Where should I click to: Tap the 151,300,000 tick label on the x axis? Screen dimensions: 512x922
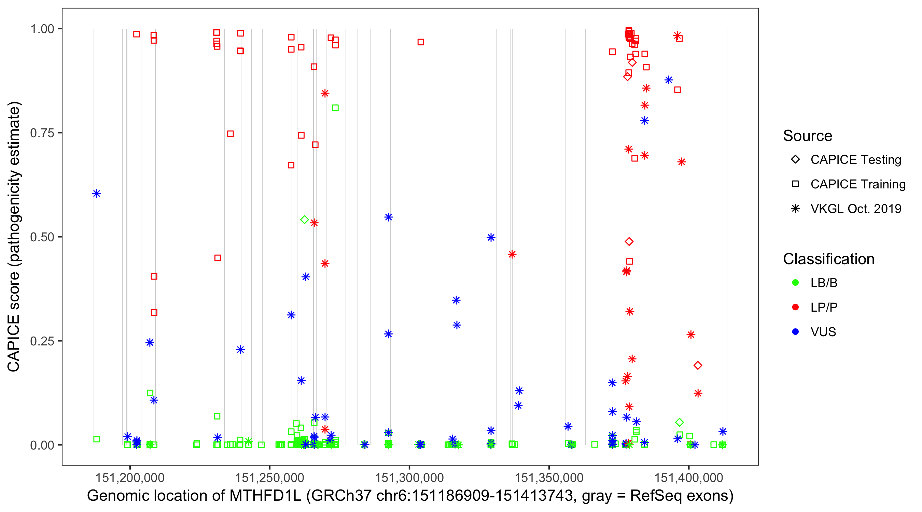pyautogui.click(x=409, y=477)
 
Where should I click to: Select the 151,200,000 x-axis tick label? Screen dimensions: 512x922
pyautogui.click(x=129, y=477)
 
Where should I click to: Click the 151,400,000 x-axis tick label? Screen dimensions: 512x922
pyautogui.click(x=689, y=477)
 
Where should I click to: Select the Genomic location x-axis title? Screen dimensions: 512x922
pyautogui.click(x=410, y=496)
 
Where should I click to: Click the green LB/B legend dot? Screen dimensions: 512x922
pyautogui.click(x=795, y=283)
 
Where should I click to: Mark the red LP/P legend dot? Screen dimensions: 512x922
pyautogui.click(x=795, y=307)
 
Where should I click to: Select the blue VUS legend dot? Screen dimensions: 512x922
pyautogui.click(x=795, y=332)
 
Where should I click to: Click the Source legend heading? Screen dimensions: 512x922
pyautogui.click(x=808, y=136)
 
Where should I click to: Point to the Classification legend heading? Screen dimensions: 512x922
pyautogui.click(x=828, y=259)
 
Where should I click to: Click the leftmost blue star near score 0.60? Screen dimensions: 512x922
pyautogui.click(x=97, y=194)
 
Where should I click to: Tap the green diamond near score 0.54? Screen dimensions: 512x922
pyautogui.click(x=305, y=220)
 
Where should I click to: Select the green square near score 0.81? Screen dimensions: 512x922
pyautogui.click(x=335, y=108)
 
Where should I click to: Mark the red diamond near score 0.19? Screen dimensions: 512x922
pyautogui.click(x=698, y=365)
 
